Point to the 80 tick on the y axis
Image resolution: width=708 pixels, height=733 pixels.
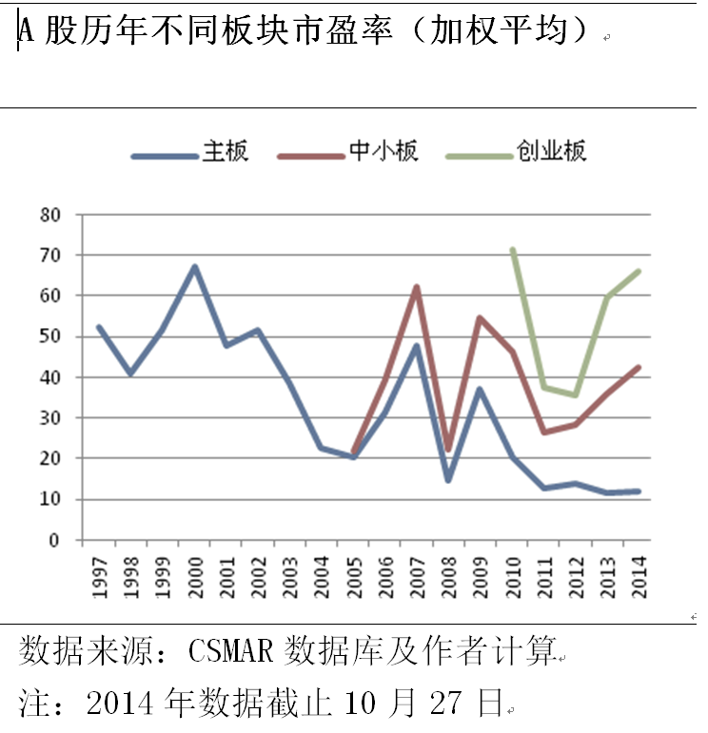49,215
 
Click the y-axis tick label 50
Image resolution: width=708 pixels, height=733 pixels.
49,337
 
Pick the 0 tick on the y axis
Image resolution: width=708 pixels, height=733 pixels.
54,540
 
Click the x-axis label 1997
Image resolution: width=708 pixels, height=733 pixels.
100,577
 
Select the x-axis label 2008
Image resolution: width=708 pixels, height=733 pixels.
447,577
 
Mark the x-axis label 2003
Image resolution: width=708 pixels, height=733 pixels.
289,577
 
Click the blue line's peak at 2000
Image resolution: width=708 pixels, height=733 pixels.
194,266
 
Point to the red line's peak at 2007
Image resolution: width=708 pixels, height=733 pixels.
416,286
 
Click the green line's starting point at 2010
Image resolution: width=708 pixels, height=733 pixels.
513,250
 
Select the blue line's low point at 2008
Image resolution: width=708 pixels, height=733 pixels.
447,480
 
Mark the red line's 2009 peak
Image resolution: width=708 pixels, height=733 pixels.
479,318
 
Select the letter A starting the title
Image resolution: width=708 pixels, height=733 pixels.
27,31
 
